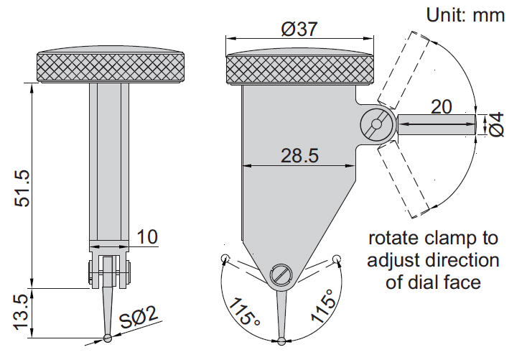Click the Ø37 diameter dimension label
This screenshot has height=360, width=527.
(x=299, y=29)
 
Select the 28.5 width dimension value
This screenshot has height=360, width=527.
(x=299, y=155)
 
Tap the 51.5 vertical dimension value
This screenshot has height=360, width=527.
(x=23, y=188)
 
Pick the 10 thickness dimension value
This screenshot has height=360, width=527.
(x=147, y=236)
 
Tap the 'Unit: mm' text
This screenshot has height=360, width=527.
(x=465, y=14)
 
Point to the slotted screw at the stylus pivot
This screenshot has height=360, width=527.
(x=280, y=274)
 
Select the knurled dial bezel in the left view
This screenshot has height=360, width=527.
(x=109, y=68)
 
